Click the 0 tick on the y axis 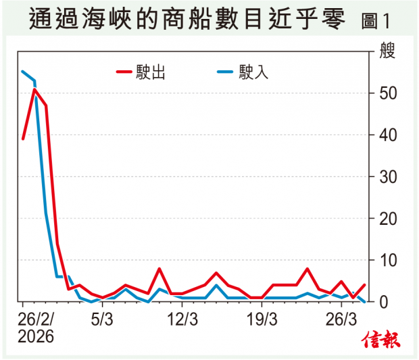click(382, 302)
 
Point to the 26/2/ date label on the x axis click(37, 318)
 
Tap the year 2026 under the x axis click(37, 335)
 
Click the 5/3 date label click(102, 318)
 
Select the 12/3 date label click(182, 318)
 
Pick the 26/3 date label click(341, 318)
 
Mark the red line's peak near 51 click(34, 89)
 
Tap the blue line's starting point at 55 click(23, 72)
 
